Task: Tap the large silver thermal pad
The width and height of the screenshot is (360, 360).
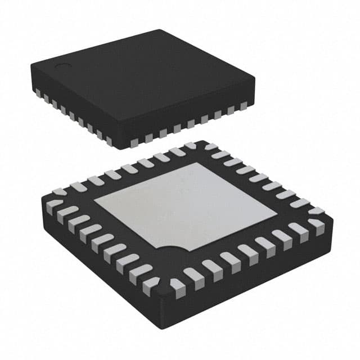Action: click(x=186, y=205)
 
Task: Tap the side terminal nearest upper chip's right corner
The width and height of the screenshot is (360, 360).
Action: click(x=243, y=105)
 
